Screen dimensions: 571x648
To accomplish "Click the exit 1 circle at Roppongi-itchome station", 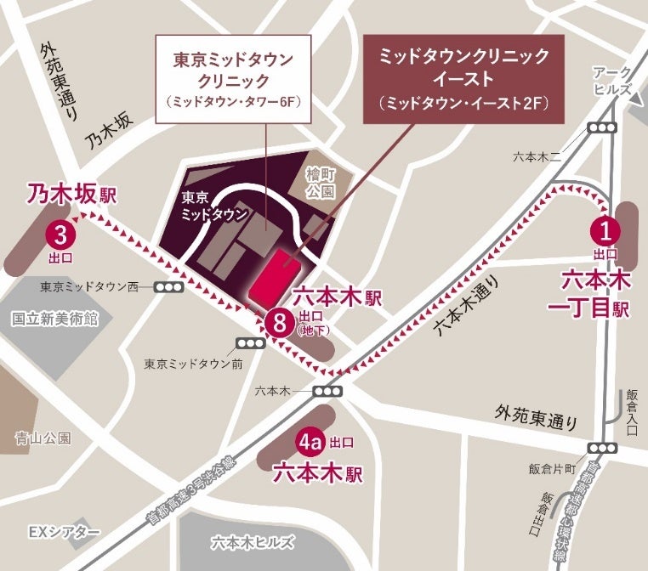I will tap(605, 229).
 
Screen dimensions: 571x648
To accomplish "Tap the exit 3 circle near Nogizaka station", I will tap(60, 231).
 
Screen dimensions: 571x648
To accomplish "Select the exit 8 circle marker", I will tap(278, 321).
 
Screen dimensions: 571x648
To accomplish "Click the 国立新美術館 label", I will tap(55, 319).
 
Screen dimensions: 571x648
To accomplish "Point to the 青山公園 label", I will tap(43, 438).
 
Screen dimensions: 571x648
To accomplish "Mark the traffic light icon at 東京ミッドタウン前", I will tap(250, 342).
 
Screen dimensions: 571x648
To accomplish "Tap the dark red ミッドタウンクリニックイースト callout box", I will tap(463, 79).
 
